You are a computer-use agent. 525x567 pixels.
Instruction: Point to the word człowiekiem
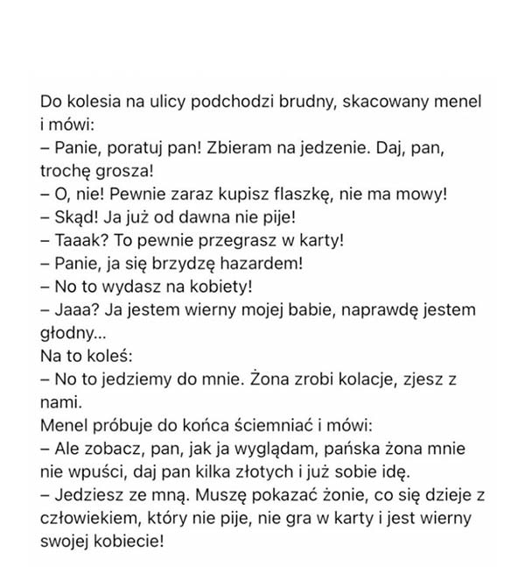tap(89, 519)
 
